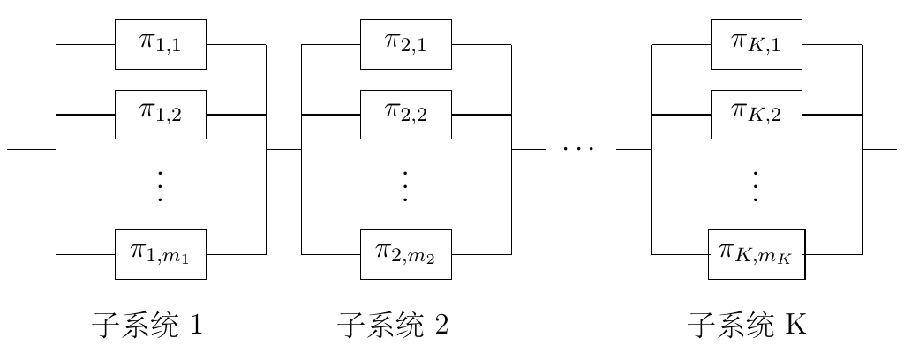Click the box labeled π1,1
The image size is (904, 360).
[161, 44]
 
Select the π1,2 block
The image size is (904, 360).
[161, 114]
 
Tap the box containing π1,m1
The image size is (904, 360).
[161, 254]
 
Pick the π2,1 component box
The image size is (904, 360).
[406, 44]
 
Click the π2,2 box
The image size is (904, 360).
[406, 114]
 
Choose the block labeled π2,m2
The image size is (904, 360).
[406, 254]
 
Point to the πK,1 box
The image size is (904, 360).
[757, 44]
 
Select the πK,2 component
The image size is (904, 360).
[757, 114]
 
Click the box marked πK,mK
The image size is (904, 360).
[757, 254]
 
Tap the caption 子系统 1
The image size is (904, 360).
[147, 326]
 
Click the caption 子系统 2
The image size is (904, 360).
[393, 326]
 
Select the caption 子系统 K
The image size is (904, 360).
[747, 326]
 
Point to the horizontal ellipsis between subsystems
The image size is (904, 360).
[578, 149]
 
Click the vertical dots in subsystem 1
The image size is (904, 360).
[160, 186]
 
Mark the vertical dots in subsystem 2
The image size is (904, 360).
[405, 186]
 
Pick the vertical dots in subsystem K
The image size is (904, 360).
[756, 186]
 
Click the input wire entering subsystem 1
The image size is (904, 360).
[31, 149]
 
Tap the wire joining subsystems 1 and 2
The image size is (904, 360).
[283, 149]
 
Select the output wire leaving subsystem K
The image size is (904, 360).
[879, 149]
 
